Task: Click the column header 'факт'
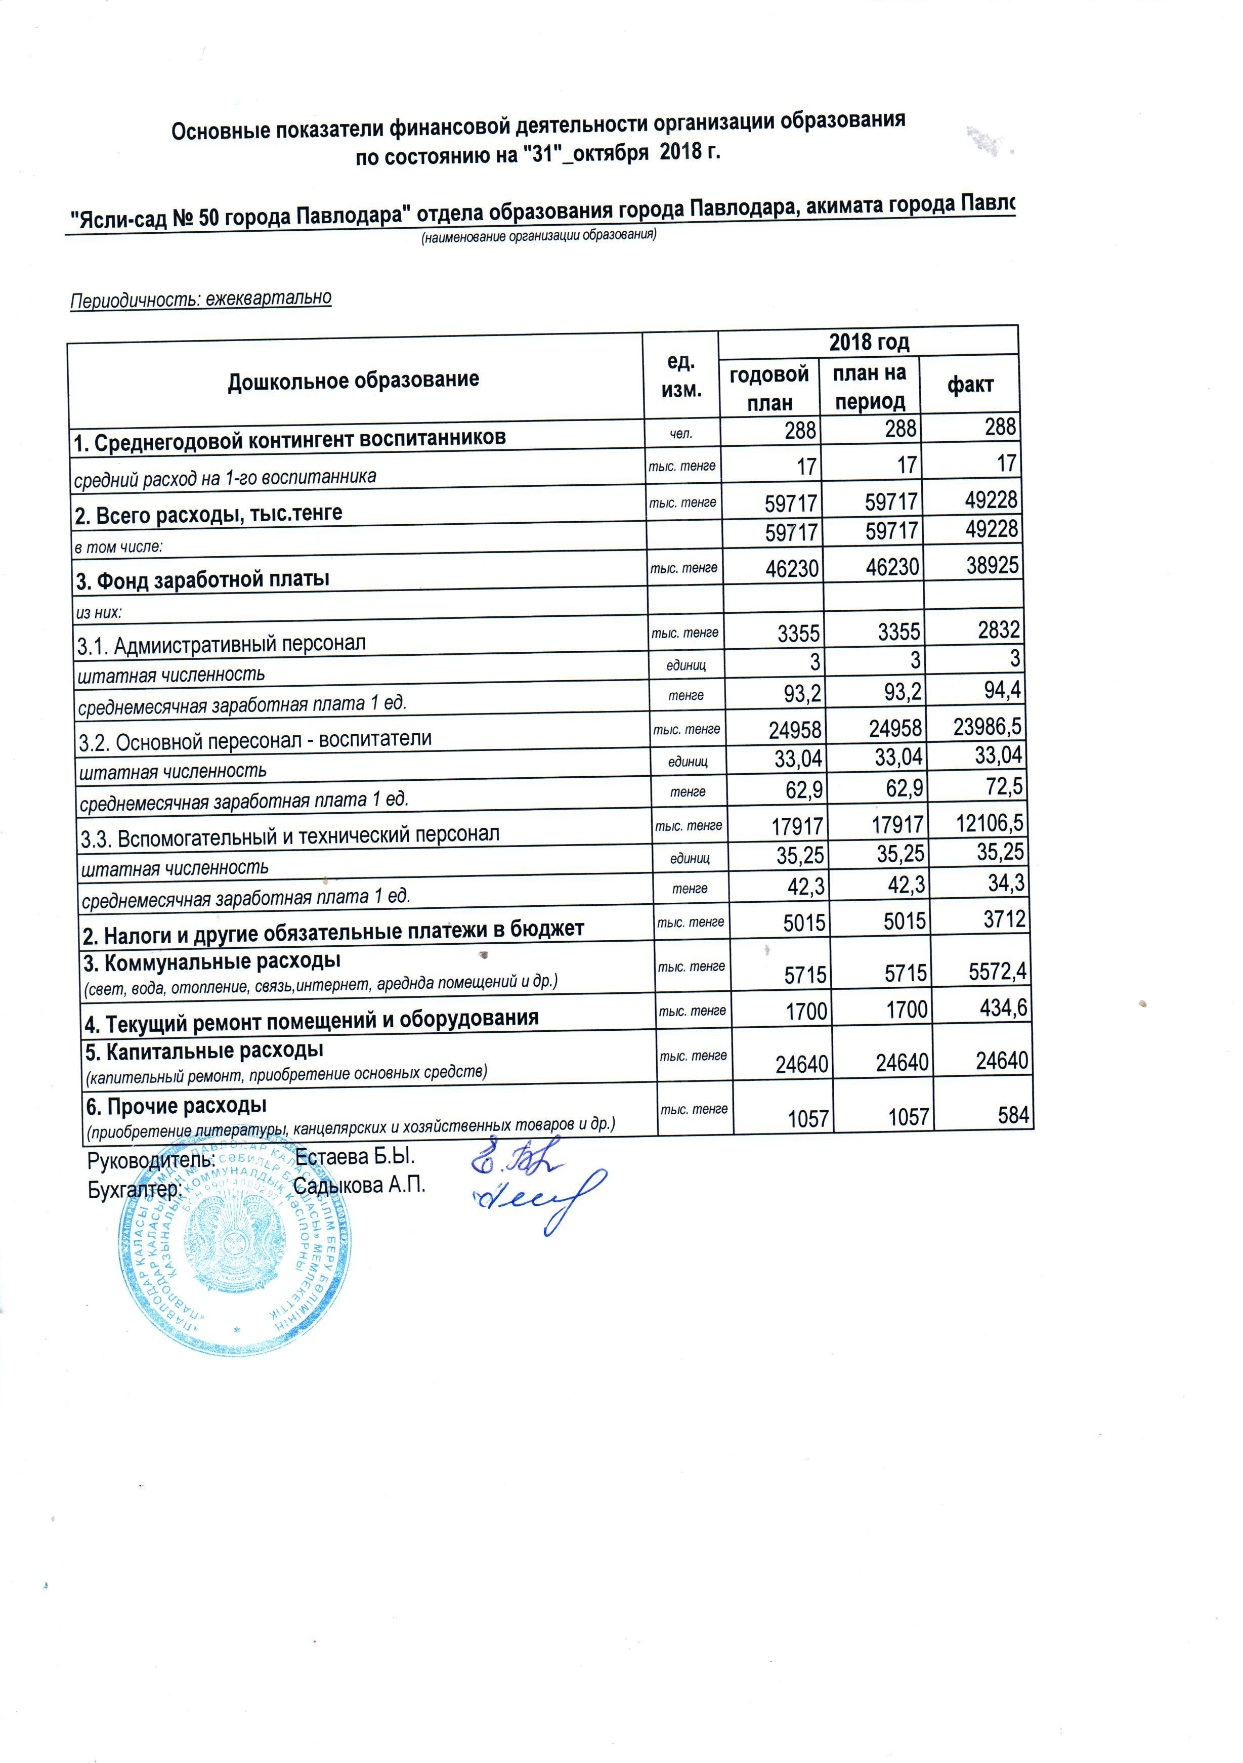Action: (x=970, y=385)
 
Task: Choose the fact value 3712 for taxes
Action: (x=1004, y=918)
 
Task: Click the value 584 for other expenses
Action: (x=1013, y=1115)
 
